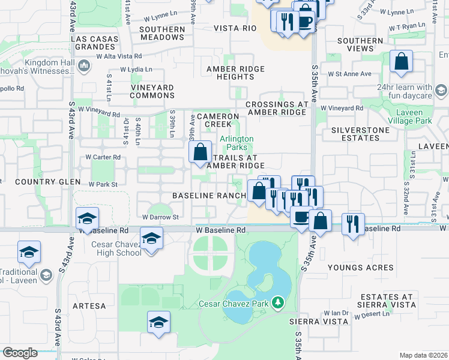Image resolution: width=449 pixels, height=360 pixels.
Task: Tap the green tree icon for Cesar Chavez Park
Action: [x=277, y=303]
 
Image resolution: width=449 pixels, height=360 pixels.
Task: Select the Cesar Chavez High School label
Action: [x=116, y=248]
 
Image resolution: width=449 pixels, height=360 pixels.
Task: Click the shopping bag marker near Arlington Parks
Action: [x=200, y=152]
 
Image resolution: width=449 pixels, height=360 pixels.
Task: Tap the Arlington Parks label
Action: [x=237, y=143]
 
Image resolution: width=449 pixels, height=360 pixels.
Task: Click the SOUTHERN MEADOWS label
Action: [x=162, y=33]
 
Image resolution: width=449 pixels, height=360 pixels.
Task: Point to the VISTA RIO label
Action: [x=235, y=28]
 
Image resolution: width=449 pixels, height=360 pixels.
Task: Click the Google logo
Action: [x=20, y=353]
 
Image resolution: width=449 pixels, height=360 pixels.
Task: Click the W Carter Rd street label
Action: [x=103, y=157]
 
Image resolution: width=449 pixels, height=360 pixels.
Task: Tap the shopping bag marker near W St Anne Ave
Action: [x=401, y=62]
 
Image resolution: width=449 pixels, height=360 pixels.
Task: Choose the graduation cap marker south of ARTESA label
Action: [x=157, y=323]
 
